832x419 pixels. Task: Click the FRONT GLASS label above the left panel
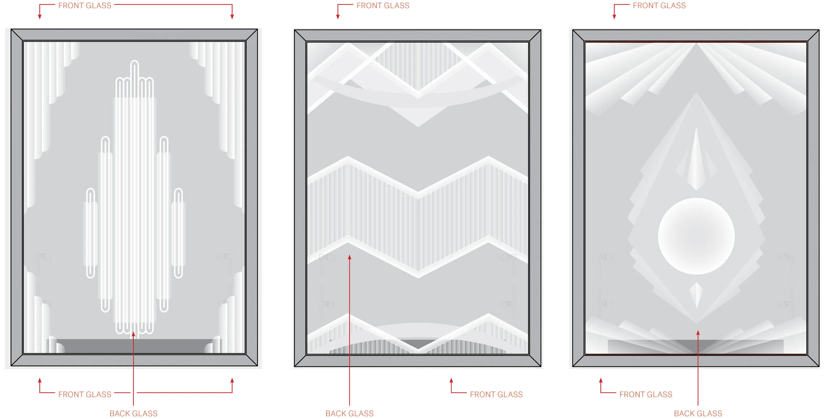tap(85, 5)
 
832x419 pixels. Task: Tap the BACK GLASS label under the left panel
tap(133, 413)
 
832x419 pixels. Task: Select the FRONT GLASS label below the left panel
tap(85, 394)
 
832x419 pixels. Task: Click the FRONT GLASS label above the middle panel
tap(383, 5)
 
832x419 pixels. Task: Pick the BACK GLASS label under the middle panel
tap(350, 413)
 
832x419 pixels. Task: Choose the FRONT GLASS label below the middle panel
tap(496, 394)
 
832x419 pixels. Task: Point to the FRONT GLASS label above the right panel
tap(659, 5)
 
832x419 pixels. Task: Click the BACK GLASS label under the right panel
tap(698, 413)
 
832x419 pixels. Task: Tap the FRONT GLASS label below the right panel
tap(646, 394)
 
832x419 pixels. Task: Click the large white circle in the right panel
tap(696, 236)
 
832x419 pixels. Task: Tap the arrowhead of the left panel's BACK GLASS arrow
tap(133, 334)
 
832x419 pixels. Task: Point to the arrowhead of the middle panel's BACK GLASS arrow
tap(350, 257)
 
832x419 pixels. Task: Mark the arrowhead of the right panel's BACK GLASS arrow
tap(698, 333)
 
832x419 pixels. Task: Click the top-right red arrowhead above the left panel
tap(232, 16)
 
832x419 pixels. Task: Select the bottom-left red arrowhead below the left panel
tap(40, 381)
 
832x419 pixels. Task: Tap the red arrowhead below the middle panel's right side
tap(451, 381)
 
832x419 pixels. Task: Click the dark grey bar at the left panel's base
tap(134, 346)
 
